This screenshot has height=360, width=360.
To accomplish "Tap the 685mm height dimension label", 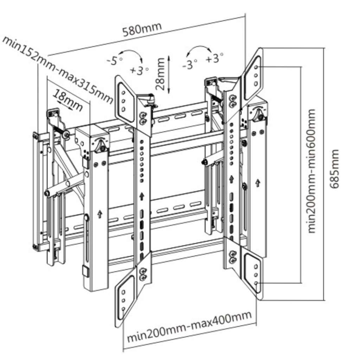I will (x=336, y=169).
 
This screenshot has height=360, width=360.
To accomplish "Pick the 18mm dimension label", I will (x=68, y=99).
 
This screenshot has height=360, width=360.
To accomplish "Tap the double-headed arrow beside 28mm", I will (x=169, y=74).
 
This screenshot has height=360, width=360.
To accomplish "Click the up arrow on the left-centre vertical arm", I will (x=142, y=195).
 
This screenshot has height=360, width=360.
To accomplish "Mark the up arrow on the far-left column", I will (x=99, y=213).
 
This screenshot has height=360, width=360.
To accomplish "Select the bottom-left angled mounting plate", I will (x=125, y=301).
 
